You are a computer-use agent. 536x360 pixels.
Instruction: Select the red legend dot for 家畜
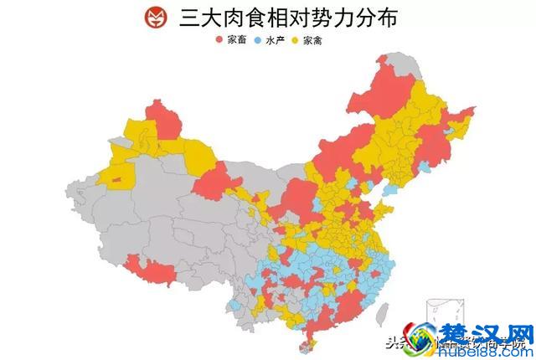(219, 40)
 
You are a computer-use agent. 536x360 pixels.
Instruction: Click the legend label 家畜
(235, 40)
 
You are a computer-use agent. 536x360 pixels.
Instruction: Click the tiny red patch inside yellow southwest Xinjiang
(116, 179)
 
